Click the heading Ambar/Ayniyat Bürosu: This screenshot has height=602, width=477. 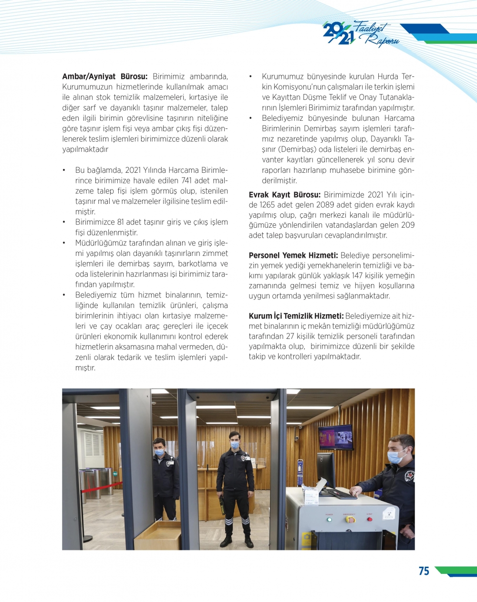tap(105, 76)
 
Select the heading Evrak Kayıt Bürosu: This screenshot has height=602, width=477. tap(284, 195)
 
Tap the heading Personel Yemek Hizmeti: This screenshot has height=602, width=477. tap(293, 255)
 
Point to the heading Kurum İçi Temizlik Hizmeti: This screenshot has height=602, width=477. tap(296, 316)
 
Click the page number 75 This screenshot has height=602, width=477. tap(424, 571)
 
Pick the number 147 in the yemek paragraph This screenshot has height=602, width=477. tap(357, 275)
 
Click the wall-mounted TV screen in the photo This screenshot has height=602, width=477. tap(336, 436)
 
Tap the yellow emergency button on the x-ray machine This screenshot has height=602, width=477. tap(350, 518)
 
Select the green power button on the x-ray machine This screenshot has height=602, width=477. tap(329, 519)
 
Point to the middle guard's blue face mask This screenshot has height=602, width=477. tap(234, 445)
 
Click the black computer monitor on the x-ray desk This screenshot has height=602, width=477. tap(326, 469)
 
